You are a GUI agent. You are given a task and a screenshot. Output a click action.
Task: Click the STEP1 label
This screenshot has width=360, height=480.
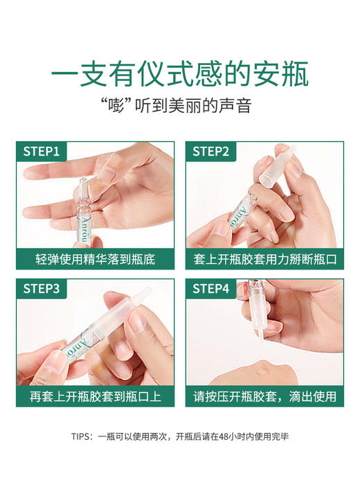pyautogui.click(x=42, y=152)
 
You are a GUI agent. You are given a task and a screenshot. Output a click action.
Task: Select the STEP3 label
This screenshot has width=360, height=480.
pyautogui.click(x=42, y=289)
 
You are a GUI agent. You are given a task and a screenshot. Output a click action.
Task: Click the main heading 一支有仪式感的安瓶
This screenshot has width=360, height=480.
pyautogui.click(x=180, y=73)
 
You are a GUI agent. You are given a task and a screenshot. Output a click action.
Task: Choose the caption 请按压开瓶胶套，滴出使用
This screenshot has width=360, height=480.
pyautogui.click(x=264, y=397)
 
